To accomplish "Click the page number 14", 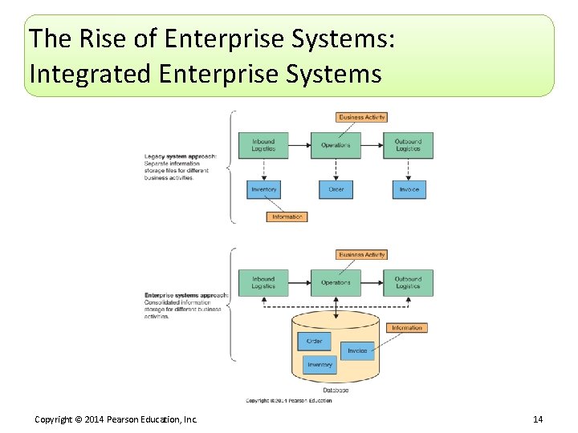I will (x=537, y=420).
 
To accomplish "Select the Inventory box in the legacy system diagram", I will (x=263, y=190).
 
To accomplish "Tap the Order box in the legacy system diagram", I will (x=336, y=190).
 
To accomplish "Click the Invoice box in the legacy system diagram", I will (x=408, y=190).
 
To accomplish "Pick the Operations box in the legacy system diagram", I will (x=336, y=145).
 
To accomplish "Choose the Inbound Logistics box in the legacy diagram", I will (x=263, y=145).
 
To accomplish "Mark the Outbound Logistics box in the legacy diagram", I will (x=408, y=145).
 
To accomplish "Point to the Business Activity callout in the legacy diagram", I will (x=362, y=117).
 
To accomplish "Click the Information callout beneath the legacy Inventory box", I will (x=287, y=216).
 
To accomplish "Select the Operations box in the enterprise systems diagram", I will (x=336, y=282).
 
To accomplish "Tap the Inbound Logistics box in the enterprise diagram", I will (x=263, y=282).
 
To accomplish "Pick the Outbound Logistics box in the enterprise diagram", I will (x=408, y=282).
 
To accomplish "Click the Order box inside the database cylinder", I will (x=314, y=341).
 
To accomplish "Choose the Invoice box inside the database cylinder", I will (x=357, y=350).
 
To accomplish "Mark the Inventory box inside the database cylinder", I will (x=320, y=365).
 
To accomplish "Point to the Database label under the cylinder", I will (x=336, y=391).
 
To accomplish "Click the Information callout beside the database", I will (x=406, y=328).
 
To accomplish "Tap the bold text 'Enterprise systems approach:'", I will (x=186, y=295).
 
